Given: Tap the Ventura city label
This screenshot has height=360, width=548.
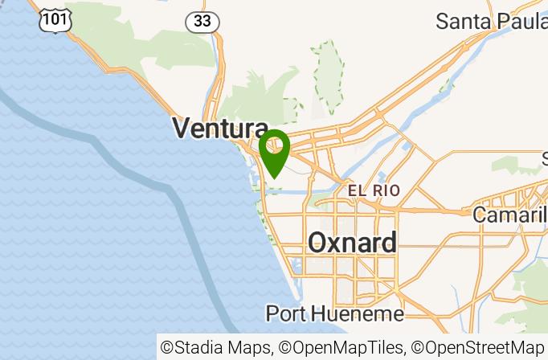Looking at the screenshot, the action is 220,129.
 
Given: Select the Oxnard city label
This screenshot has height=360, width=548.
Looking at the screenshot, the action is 352,243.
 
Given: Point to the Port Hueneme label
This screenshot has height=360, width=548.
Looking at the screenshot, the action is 334,313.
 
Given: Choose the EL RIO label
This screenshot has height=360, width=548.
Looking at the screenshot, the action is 374,191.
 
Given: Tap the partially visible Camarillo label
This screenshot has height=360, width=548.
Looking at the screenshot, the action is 509,215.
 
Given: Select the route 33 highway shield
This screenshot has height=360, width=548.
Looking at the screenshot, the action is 202,22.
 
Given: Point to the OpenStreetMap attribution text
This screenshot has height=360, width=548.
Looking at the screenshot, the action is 479,348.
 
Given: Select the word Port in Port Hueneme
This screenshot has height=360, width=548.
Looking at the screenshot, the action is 285,313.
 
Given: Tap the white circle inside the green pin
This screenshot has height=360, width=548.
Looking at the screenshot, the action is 275,145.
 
